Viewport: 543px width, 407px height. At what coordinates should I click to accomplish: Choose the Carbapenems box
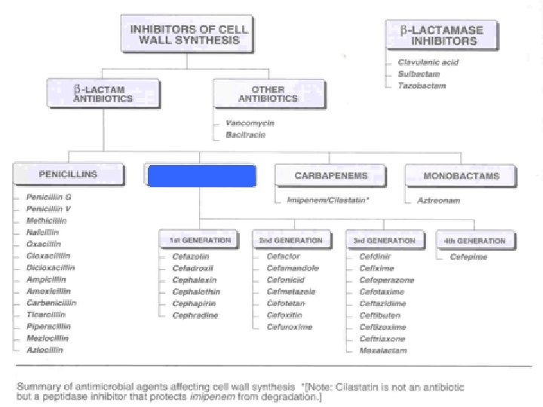pyautogui.click(x=332, y=176)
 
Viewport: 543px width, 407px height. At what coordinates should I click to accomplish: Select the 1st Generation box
pyautogui.click(x=195, y=240)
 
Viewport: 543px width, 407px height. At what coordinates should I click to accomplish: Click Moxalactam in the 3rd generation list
pyautogui.click(x=383, y=350)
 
